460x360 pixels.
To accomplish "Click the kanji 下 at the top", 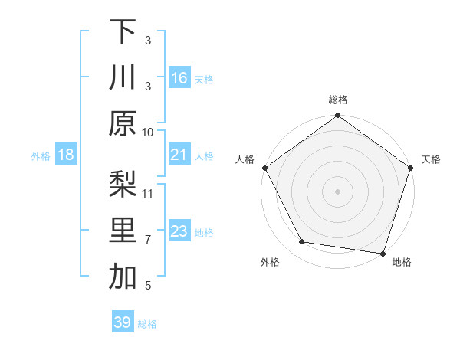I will [x=123, y=31].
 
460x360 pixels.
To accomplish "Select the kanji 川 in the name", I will [x=123, y=78].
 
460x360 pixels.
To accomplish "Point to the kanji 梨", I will [x=123, y=184].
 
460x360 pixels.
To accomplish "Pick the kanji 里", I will [x=123, y=231].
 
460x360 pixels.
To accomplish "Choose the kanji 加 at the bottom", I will [x=123, y=277].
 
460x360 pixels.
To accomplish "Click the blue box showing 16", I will [x=179, y=78].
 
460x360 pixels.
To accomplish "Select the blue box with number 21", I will [x=179, y=155].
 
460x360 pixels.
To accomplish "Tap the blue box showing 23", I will [x=179, y=232].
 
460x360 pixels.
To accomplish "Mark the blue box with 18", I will [x=66, y=155].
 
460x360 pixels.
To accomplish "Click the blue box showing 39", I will [x=123, y=322].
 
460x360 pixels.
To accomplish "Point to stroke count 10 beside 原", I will [x=148, y=133].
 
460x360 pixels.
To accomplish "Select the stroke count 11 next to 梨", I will [x=148, y=192].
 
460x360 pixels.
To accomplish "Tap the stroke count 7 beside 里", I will [x=148, y=239].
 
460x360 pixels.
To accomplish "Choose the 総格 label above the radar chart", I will [x=337, y=100].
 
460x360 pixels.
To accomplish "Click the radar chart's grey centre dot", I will [x=337, y=190].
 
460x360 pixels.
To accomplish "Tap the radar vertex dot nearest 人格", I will [x=265, y=167].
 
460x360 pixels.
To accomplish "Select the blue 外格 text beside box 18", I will [x=41, y=156].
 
